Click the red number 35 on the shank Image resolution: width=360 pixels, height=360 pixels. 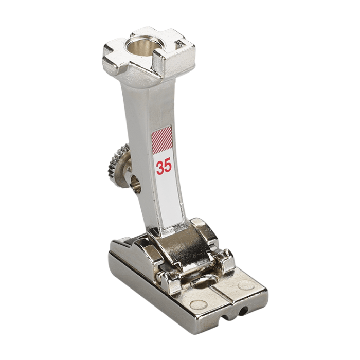164,167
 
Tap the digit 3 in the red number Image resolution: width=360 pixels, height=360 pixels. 160,167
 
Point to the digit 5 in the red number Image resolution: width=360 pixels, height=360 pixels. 168,167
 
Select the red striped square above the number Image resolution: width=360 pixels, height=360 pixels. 162,140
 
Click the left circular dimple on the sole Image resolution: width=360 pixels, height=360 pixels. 199,304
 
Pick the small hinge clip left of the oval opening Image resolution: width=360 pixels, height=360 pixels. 168,280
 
